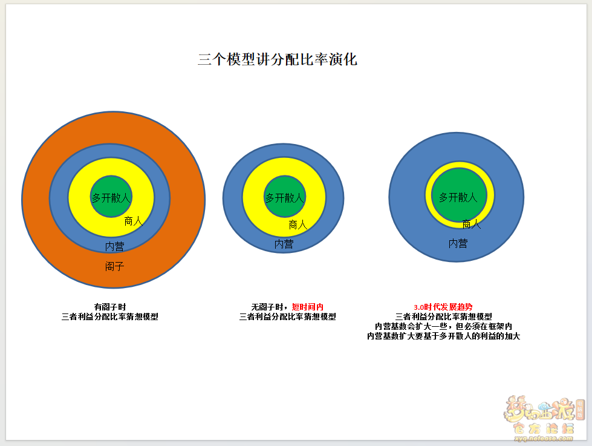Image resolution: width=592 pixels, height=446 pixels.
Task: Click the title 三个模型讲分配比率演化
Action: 278,59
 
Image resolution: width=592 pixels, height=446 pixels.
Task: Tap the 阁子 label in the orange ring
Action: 114,266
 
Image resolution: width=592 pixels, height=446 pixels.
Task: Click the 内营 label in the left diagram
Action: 114,246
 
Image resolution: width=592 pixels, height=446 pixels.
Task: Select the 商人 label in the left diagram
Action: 133,221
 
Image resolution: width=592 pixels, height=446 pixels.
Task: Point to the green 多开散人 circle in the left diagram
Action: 111,196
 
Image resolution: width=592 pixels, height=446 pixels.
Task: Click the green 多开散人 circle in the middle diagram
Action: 285,196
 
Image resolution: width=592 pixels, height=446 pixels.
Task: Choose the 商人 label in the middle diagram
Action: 298,225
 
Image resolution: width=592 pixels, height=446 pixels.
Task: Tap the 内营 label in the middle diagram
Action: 284,244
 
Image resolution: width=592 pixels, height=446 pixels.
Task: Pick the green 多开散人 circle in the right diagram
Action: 459,195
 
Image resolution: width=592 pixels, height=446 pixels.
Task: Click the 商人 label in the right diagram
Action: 472,224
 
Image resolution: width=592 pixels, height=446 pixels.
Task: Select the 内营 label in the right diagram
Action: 458,243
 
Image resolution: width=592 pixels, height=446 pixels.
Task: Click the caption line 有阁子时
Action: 110,307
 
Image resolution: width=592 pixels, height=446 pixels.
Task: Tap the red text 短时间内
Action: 308,307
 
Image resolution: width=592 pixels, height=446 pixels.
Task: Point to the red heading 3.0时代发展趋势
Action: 443,307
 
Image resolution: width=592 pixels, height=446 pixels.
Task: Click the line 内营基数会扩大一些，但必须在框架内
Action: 444,326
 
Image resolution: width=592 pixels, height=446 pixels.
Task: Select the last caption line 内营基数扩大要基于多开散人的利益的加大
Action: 444,336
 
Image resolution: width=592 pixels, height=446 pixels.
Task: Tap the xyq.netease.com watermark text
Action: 543,439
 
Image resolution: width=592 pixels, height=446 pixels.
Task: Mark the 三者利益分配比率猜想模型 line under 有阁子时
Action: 110,316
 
